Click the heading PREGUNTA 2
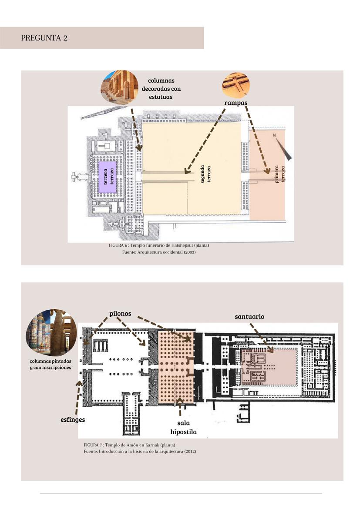coord(44,38)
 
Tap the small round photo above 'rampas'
coord(236,85)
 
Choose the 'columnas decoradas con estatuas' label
coord(164,89)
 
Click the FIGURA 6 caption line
coord(159,245)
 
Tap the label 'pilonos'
coord(120,314)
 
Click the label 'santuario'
coord(249,317)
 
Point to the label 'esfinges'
coord(73,420)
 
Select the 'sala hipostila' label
coord(183,427)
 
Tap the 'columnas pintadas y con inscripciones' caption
coord(50,365)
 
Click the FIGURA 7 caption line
coord(129,445)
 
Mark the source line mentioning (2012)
coord(140,452)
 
